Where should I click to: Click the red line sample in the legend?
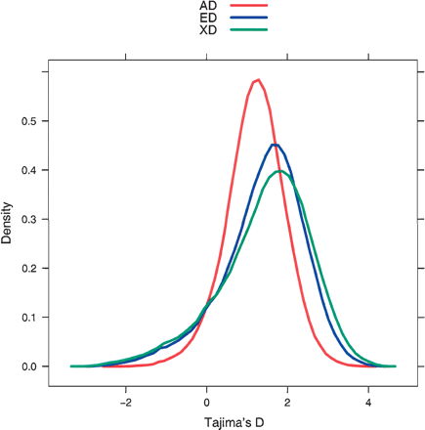point(248,6)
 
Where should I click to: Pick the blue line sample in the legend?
point(248,18)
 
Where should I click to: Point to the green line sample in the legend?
point(248,29)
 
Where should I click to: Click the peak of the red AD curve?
point(257,80)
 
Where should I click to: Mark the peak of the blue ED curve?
point(276,145)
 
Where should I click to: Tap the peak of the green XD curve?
point(280,171)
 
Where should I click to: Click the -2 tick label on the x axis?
point(126,401)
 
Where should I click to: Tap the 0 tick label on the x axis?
point(207,401)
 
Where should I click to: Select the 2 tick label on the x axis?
point(288,401)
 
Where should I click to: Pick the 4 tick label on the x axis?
point(368,401)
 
